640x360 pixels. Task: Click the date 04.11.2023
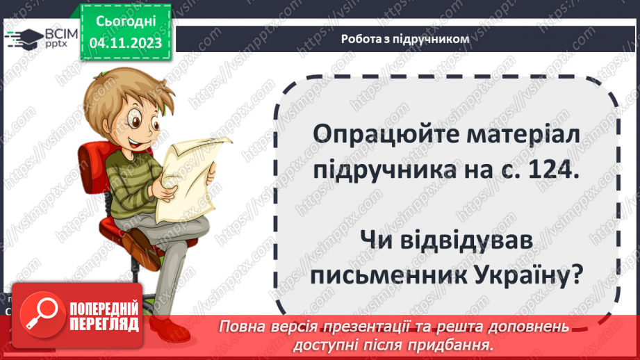click(x=125, y=43)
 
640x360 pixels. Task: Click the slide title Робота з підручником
click(x=405, y=39)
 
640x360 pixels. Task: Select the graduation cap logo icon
click(x=23, y=38)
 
